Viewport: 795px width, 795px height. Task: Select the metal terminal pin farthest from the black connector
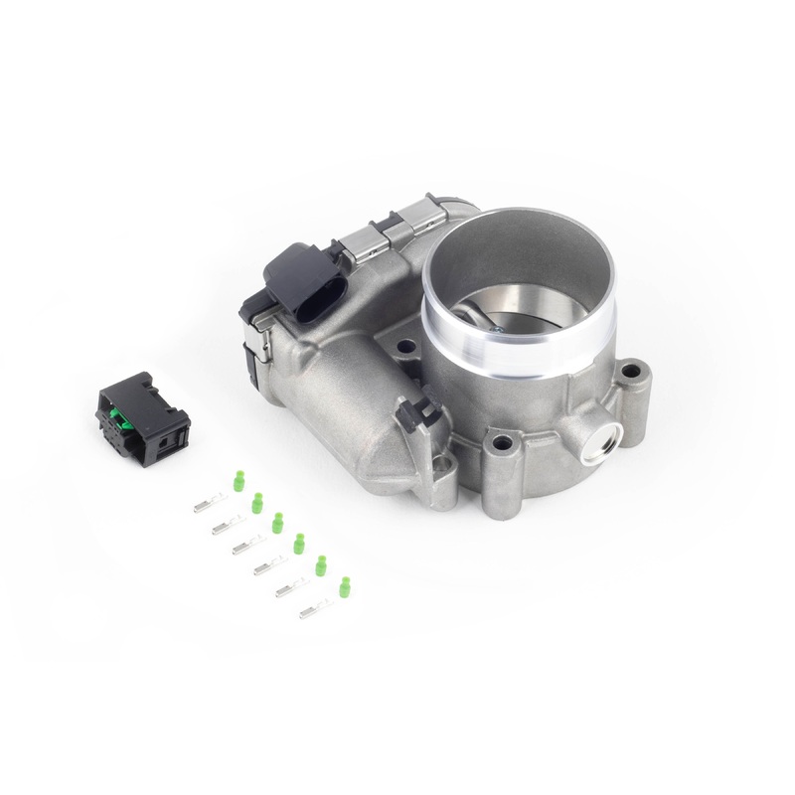(316, 609)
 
